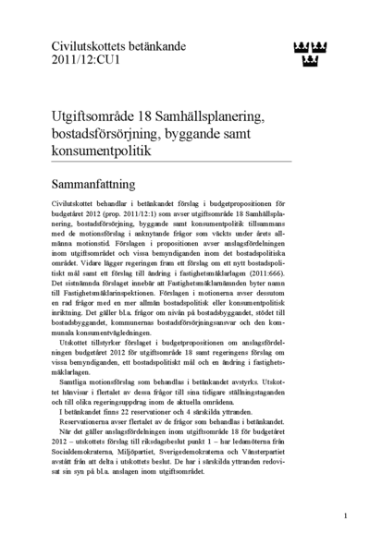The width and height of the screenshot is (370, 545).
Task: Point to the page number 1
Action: (x=345, y=515)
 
